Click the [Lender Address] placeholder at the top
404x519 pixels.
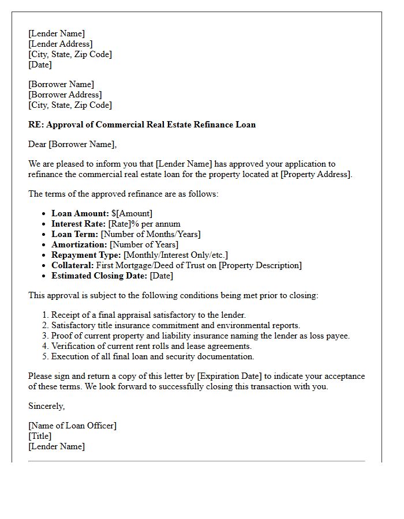point(61,44)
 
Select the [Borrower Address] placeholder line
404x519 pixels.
point(65,95)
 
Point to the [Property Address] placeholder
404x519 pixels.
point(315,174)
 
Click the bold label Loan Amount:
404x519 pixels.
point(80,213)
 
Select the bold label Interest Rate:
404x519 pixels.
point(78,224)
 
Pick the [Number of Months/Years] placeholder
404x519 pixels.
point(151,234)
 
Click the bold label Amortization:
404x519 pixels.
point(79,245)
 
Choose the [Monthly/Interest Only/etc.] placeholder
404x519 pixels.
point(176,255)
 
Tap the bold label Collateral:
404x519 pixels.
point(73,265)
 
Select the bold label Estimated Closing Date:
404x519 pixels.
point(99,276)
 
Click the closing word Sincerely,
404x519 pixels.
point(47,406)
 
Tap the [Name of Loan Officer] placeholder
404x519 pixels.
point(72,426)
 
